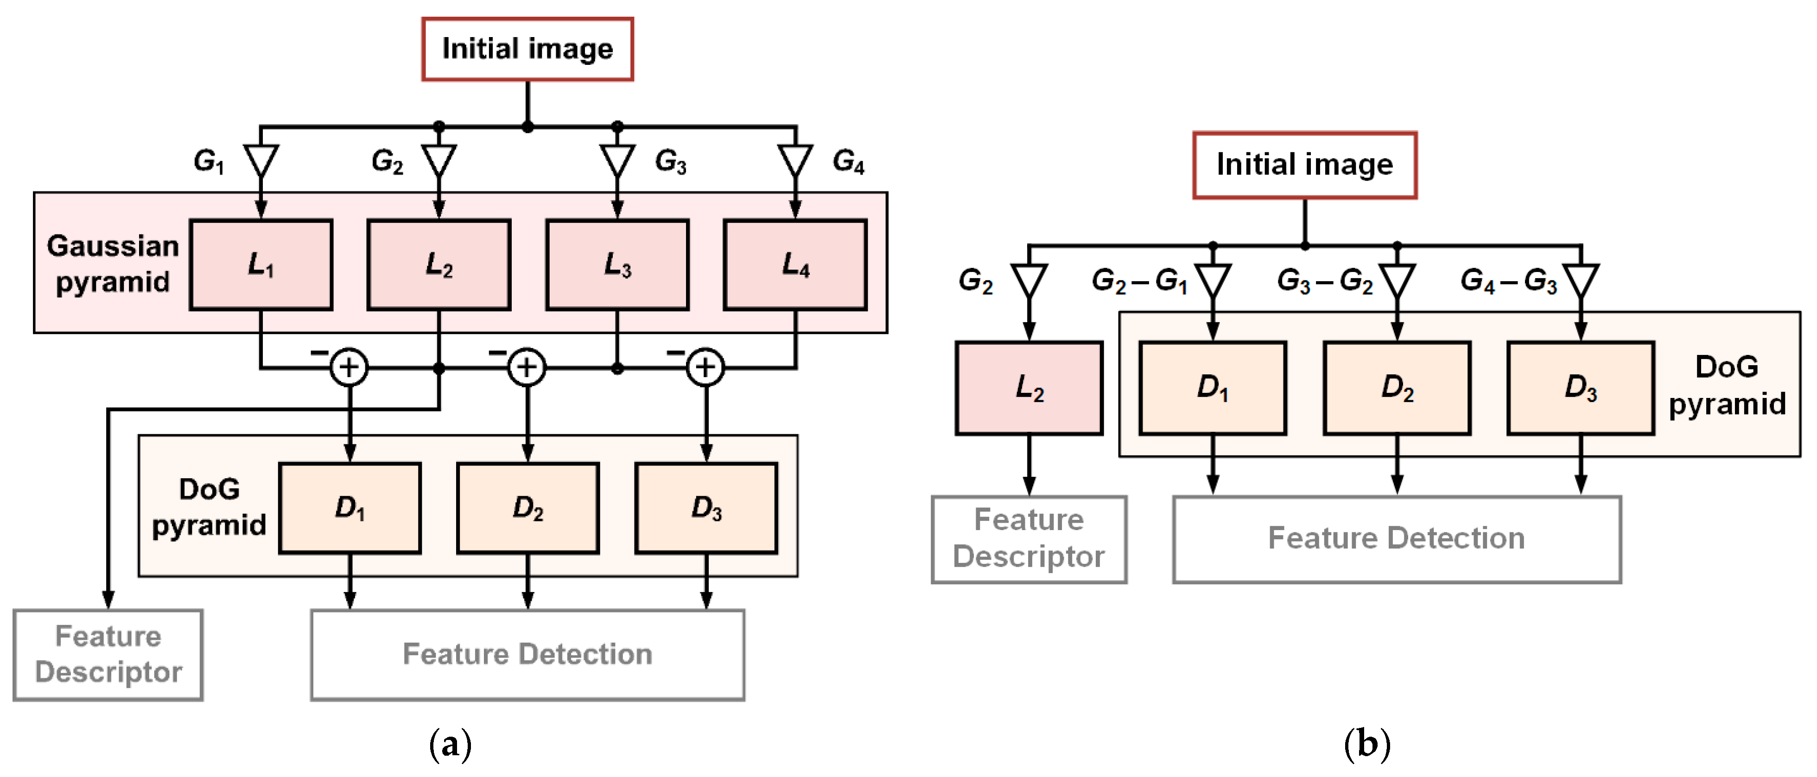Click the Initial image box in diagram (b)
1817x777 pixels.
(1304, 165)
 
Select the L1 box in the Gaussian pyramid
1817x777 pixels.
(261, 265)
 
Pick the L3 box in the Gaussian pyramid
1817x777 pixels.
(617, 265)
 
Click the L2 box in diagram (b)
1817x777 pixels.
(1029, 388)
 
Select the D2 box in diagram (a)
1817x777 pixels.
(527, 508)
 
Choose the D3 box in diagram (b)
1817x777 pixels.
(1580, 388)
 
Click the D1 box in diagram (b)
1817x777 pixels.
(1213, 388)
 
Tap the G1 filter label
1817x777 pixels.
(209, 161)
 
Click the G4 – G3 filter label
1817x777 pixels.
(1508, 281)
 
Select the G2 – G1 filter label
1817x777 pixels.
(1139, 281)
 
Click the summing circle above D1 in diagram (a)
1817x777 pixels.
(349, 367)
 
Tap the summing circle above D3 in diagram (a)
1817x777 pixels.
(705, 367)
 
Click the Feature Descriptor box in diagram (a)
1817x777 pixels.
(108, 654)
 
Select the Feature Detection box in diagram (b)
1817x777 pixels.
(1396, 539)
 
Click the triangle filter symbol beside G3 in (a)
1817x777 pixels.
(617, 161)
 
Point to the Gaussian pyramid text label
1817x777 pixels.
(113, 264)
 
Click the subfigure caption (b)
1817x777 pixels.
(1366, 744)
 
